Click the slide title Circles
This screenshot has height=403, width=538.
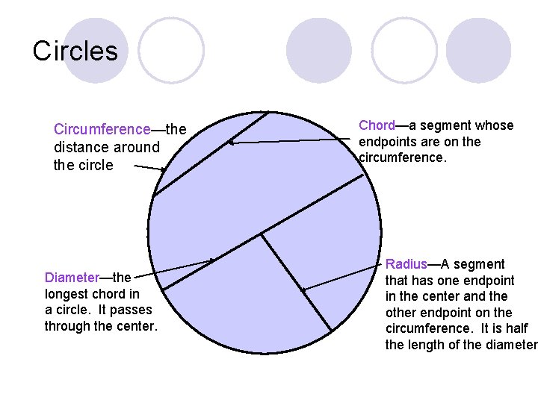click(x=75, y=51)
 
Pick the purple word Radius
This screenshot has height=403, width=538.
click(x=406, y=264)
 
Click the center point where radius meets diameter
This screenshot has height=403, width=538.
click(x=261, y=235)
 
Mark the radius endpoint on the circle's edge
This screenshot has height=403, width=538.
click(x=330, y=331)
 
